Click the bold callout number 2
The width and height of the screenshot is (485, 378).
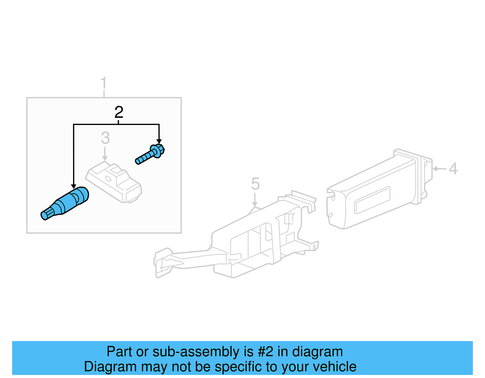click(119, 112)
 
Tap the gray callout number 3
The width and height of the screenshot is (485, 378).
click(105, 138)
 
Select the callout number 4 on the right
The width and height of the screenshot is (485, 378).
click(453, 169)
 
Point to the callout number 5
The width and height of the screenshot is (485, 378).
click(255, 184)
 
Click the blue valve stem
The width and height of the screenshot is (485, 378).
click(65, 203)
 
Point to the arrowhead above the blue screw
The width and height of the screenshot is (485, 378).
click(159, 141)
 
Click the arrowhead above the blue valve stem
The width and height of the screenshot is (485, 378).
click(73, 186)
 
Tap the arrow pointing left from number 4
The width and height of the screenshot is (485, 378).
click(438, 169)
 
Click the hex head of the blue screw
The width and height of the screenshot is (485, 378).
click(158, 150)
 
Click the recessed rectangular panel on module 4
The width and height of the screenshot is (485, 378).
click(372, 200)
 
